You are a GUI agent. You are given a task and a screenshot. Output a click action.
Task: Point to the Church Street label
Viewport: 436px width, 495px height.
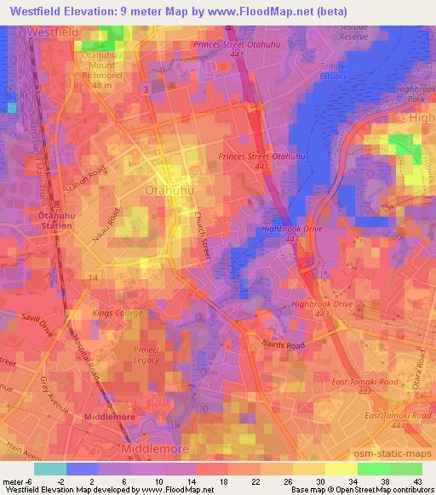point(204,230)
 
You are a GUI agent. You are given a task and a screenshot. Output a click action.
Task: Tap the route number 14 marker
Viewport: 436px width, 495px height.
point(93,278)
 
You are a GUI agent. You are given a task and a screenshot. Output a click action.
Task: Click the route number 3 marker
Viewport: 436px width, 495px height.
point(146,88)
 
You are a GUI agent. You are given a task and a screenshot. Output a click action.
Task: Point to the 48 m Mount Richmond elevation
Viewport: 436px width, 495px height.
point(103,85)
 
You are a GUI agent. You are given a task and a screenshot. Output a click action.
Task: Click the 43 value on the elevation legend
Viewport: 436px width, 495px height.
point(417,481)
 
